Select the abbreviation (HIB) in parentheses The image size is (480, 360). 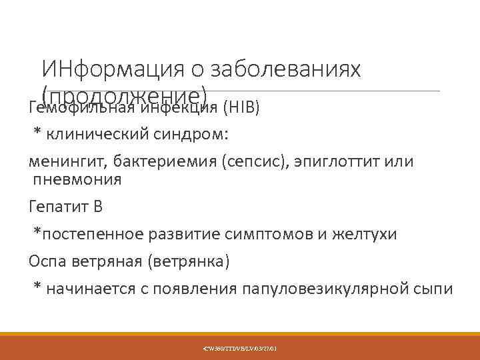tap(241, 107)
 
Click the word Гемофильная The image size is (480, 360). tap(80, 107)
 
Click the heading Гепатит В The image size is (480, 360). tap(66, 206)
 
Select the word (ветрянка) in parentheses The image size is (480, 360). tap(183, 261)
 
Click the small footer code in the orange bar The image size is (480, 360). tap(240, 348)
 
